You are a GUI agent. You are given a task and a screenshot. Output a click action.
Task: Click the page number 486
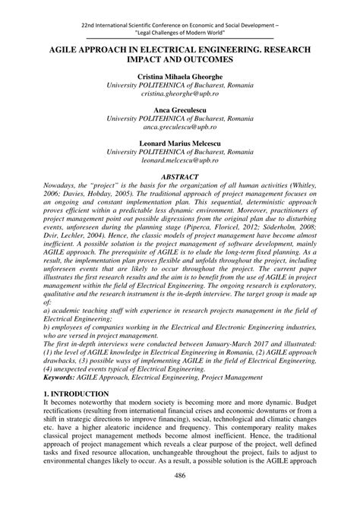[180, 497]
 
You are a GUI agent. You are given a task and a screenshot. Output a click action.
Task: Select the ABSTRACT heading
[179, 176]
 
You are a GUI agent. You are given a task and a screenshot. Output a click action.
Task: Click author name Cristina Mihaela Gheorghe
[179, 77]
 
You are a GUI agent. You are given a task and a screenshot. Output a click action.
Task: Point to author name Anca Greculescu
[179, 109]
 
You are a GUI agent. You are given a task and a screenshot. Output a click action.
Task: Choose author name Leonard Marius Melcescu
[179, 142]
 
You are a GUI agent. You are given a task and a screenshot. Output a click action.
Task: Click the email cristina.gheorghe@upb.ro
[179, 97]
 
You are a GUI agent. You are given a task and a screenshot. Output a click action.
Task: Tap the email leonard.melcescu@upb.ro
[179, 162]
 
